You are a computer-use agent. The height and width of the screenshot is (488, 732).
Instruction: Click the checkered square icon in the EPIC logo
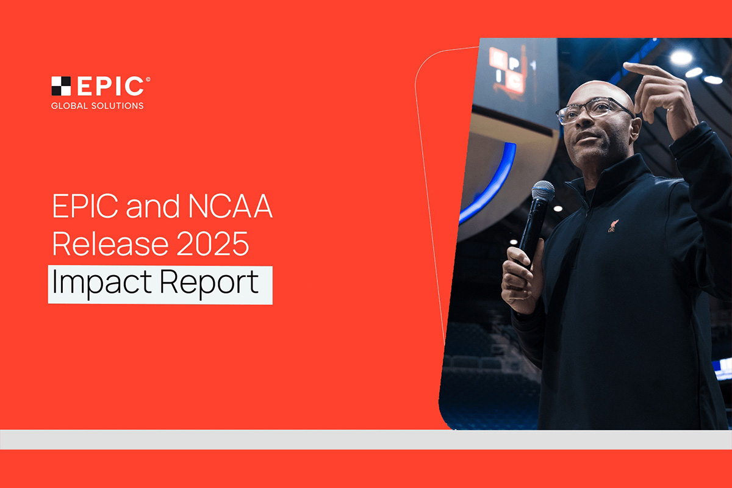(x=61, y=86)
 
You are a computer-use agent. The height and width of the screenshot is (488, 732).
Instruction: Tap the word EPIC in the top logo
(x=109, y=87)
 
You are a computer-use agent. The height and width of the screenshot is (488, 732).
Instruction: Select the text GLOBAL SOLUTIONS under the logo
(x=98, y=106)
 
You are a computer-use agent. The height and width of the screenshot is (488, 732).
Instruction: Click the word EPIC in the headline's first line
(x=85, y=209)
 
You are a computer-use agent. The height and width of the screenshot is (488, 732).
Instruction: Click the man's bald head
(x=595, y=88)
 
